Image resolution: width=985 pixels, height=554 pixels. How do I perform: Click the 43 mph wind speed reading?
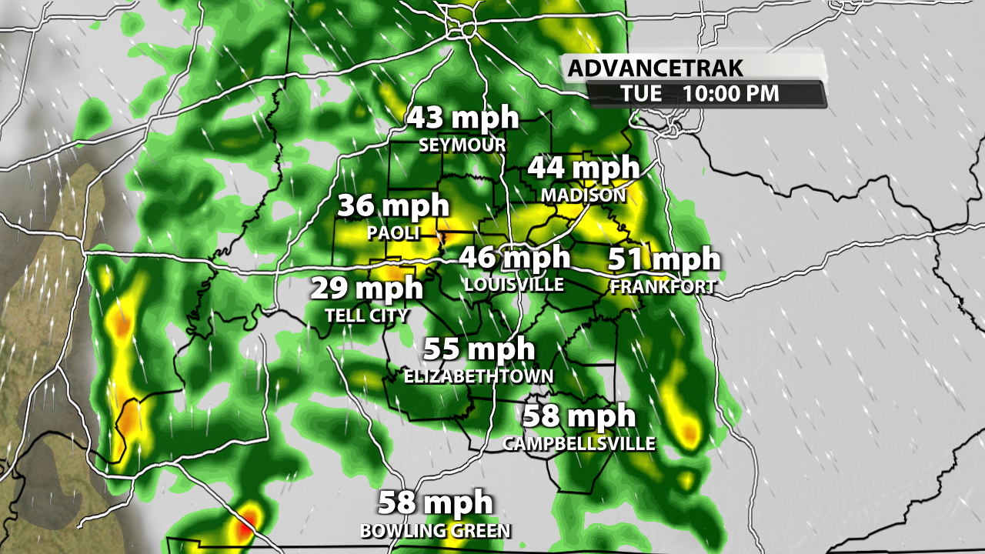462,118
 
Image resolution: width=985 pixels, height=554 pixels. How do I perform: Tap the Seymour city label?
462,145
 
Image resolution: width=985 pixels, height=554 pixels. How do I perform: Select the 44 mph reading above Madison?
583,167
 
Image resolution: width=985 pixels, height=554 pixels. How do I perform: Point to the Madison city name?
583,195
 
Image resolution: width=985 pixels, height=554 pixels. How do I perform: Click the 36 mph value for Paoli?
393,205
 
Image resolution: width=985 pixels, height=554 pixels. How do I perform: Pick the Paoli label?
393,232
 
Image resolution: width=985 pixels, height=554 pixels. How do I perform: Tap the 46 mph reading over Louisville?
514,257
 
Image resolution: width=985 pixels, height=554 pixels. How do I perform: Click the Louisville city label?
514,285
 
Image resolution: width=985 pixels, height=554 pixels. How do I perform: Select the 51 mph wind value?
664,259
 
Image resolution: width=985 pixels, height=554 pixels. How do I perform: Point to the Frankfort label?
663,287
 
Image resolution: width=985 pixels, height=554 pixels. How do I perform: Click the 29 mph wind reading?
366,289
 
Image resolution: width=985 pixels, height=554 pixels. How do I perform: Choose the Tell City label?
366,315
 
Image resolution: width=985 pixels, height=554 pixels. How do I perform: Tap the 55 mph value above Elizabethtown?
479,349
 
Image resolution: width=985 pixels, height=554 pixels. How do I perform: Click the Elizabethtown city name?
479,376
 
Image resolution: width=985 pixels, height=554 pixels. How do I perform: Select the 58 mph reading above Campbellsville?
579,416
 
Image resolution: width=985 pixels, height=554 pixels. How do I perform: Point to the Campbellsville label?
579,444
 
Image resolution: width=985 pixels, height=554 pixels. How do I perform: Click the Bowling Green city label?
435,531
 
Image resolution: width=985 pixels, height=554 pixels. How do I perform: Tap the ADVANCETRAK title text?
656,68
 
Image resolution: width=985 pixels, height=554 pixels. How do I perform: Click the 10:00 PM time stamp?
730,94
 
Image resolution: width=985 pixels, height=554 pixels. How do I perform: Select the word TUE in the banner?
641,94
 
